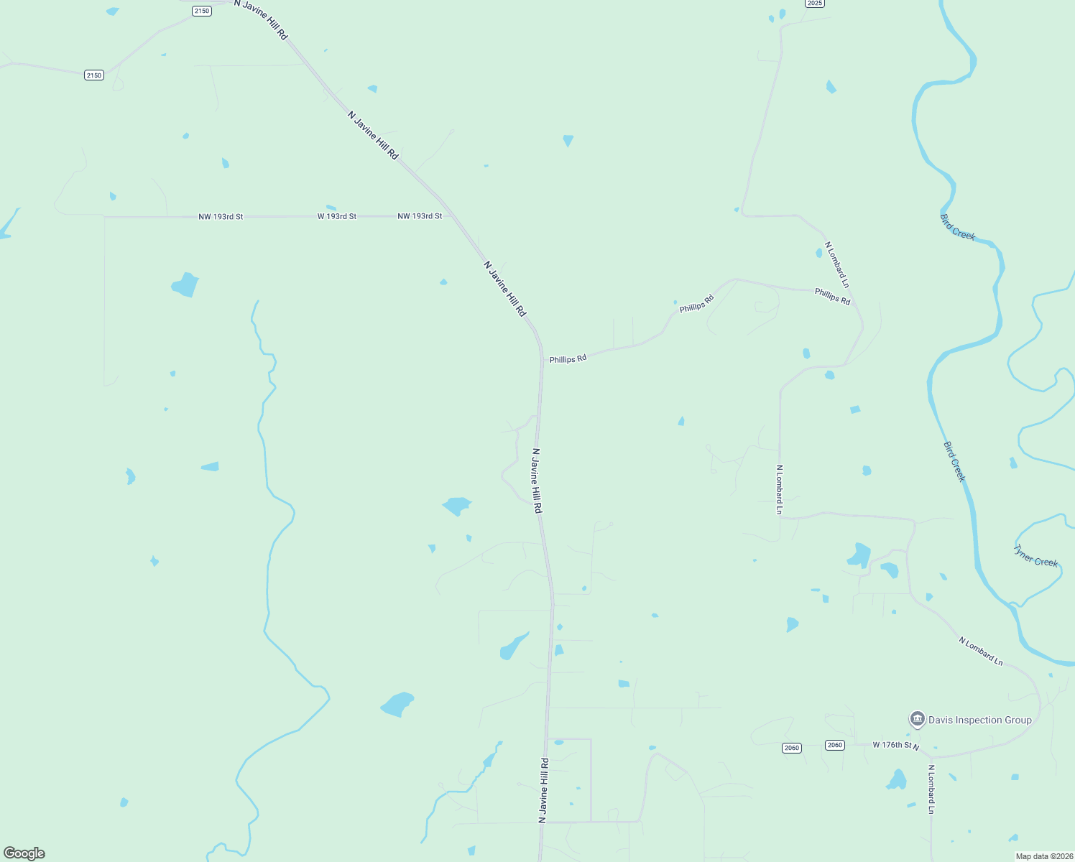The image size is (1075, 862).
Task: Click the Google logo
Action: coord(24,853)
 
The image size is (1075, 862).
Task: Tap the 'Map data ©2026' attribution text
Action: coord(1043,856)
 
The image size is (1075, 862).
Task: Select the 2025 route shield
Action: coord(814,4)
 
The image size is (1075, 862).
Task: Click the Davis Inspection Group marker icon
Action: coord(917,718)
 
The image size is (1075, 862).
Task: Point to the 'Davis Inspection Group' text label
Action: coord(979,720)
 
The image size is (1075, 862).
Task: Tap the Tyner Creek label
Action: coord(1035,556)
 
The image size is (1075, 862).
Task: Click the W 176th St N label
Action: coord(895,746)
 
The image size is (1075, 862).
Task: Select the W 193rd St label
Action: coord(337,216)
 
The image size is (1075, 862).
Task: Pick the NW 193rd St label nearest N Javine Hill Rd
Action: coord(420,216)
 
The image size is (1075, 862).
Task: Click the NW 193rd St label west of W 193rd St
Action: coord(221,216)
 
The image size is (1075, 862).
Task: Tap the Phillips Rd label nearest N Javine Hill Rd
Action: coord(568,358)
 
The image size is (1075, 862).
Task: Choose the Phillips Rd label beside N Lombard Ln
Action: coord(832,296)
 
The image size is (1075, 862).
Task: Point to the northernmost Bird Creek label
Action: coord(957,227)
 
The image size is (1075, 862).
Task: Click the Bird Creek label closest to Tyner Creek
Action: coord(954,462)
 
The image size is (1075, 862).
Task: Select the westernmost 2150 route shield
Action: coord(94,75)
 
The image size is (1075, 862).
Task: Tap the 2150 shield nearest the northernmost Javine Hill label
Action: coord(202,11)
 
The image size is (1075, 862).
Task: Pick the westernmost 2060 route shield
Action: coord(791,748)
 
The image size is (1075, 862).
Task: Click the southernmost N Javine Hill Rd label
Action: coord(544,790)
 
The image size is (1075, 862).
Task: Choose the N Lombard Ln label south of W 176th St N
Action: coord(931,789)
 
